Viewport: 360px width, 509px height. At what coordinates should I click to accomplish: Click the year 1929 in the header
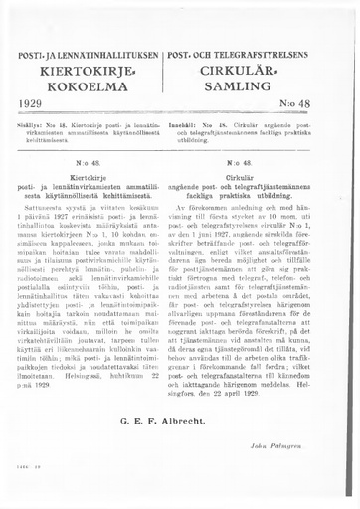point(33,102)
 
